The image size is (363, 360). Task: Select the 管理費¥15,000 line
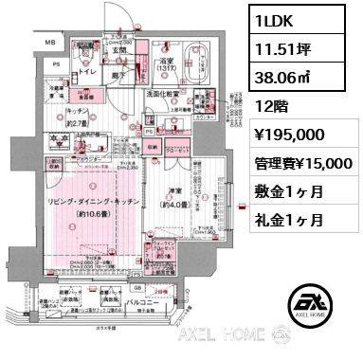[x=300, y=164]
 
